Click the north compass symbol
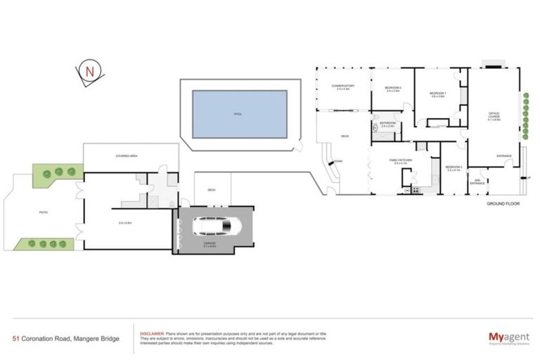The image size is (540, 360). tap(89, 71)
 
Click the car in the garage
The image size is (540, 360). tap(215, 226)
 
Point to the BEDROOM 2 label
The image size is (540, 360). tap(392, 88)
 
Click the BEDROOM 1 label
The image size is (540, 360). tap(438, 94)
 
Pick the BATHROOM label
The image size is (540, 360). tap(387, 124)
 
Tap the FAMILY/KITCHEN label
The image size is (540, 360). tap(400, 160)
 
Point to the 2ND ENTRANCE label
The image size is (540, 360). tap(477, 182)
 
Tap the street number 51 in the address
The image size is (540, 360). tap(15, 338)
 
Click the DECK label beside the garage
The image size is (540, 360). tap(211, 190)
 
